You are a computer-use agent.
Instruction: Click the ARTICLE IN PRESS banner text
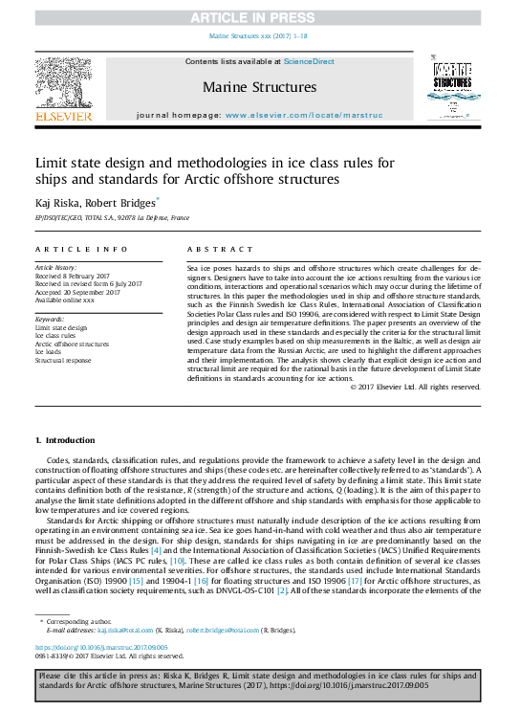tap(259, 16)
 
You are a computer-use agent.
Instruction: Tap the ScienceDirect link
tap(308, 61)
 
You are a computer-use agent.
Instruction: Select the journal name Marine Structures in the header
tap(259, 87)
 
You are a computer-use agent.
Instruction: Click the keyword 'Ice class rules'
tap(56, 335)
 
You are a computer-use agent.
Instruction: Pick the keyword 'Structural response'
tap(63, 360)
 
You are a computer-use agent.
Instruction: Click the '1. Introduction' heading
tap(65, 439)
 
